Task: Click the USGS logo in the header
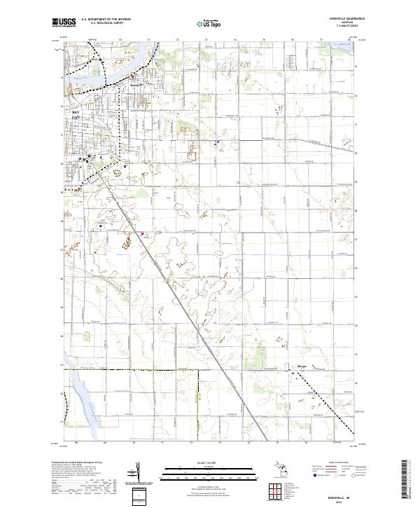64,22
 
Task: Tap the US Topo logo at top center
210,23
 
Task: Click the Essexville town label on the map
137,85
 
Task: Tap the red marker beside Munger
293,373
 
